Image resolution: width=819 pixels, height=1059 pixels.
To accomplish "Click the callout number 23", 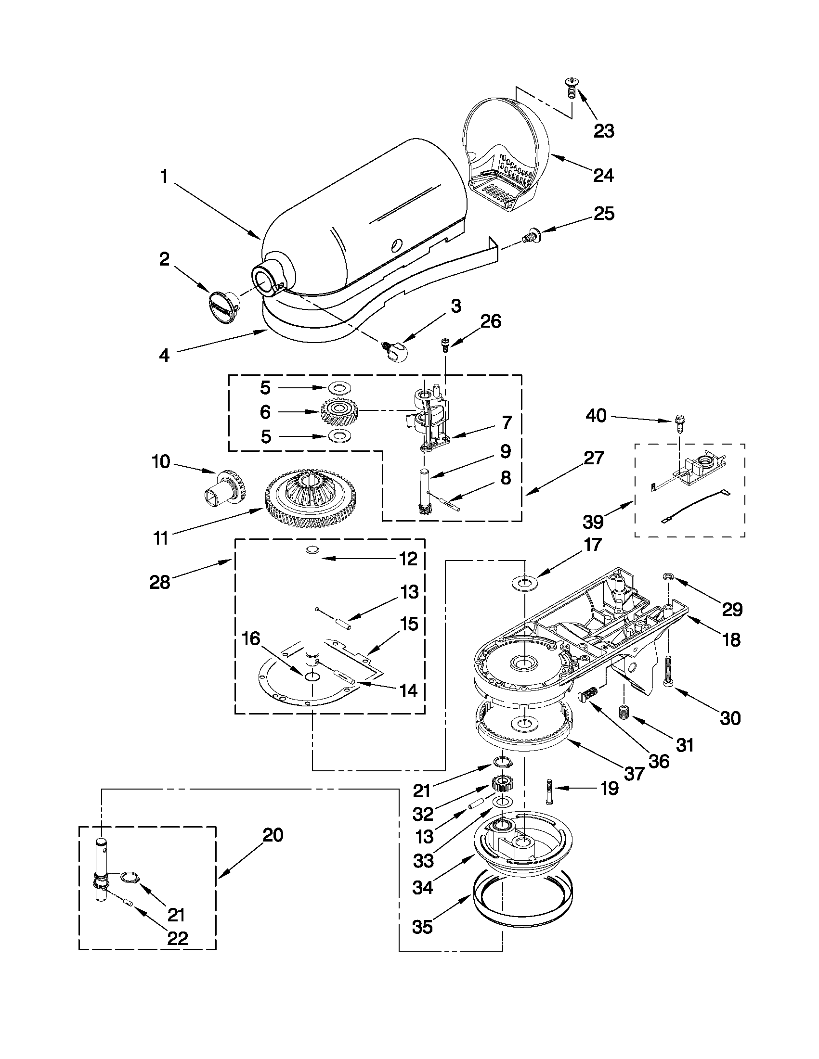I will click(604, 131).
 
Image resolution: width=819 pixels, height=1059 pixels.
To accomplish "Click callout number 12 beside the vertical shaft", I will click(408, 559).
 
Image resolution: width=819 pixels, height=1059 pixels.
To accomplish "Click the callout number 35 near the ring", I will click(422, 927).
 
